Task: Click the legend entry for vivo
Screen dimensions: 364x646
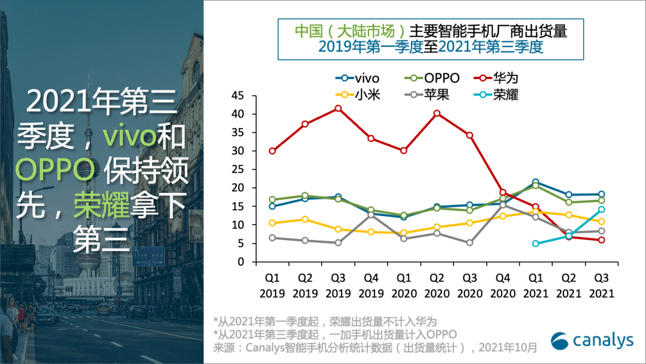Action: [357, 78]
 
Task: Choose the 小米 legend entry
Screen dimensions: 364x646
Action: [357, 95]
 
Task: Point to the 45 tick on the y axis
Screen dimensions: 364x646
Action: [237, 96]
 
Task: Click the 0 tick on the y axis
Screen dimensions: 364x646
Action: [240, 262]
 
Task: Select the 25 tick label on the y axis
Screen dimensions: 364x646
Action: [237, 169]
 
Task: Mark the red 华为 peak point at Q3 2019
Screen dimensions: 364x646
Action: [338, 108]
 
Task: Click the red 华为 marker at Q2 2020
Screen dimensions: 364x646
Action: [437, 113]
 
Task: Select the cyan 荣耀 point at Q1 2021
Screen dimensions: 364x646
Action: [536, 244]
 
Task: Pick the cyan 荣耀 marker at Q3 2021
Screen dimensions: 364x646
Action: [602, 210]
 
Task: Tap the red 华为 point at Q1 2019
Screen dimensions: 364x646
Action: [272, 151]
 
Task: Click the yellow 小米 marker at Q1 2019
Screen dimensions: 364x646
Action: [272, 223]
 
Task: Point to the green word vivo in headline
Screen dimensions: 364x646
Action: [129, 136]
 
